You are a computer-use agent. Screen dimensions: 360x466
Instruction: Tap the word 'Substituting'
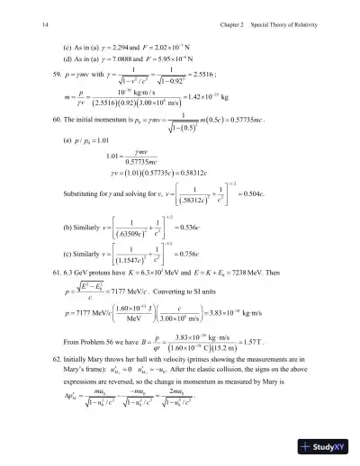click(x=86, y=192)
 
